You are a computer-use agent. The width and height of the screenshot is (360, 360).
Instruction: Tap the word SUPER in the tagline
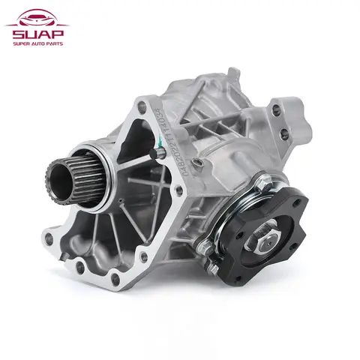click(x=18, y=43)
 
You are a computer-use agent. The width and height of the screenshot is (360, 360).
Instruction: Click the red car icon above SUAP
click(x=35, y=15)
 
